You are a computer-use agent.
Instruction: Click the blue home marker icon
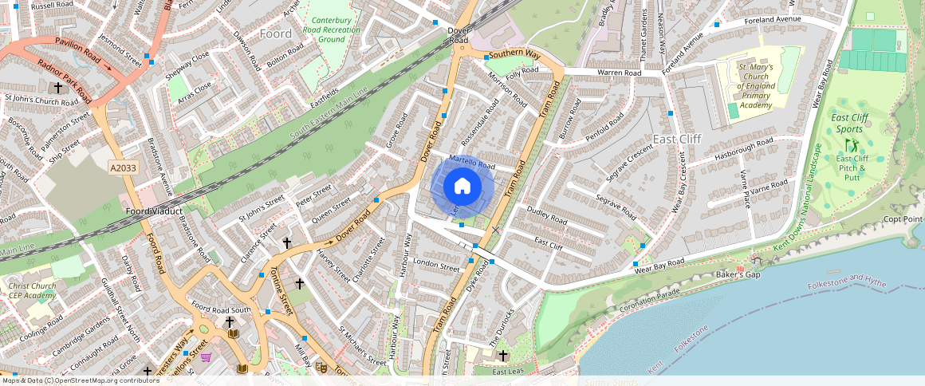(x=462, y=187)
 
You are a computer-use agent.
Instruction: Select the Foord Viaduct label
(x=154, y=211)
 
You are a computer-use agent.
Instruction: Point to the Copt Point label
(x=903, y=219)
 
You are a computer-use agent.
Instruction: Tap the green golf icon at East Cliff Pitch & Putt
(x=852, y=145)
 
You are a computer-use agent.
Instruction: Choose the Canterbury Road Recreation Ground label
(x=336, y=30)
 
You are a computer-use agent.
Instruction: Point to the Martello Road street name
(x=472, y=163)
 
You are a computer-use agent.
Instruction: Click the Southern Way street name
(x=515, y=55)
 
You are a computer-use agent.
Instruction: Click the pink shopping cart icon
(x=206, y=357)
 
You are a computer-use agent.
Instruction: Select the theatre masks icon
(x=321, y=367)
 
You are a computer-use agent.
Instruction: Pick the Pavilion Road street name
(x=77, y=50)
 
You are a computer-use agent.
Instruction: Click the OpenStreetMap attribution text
(x=80, y=380)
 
